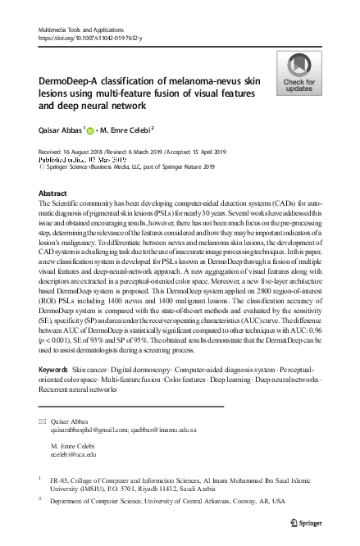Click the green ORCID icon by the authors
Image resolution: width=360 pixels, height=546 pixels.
click(x=90, y=129)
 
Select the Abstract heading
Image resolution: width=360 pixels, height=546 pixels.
click(x=52, y=193)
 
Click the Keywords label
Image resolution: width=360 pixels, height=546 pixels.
click(x=53, y=371)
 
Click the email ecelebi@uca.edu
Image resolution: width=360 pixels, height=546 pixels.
click(x=74, y=452)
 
